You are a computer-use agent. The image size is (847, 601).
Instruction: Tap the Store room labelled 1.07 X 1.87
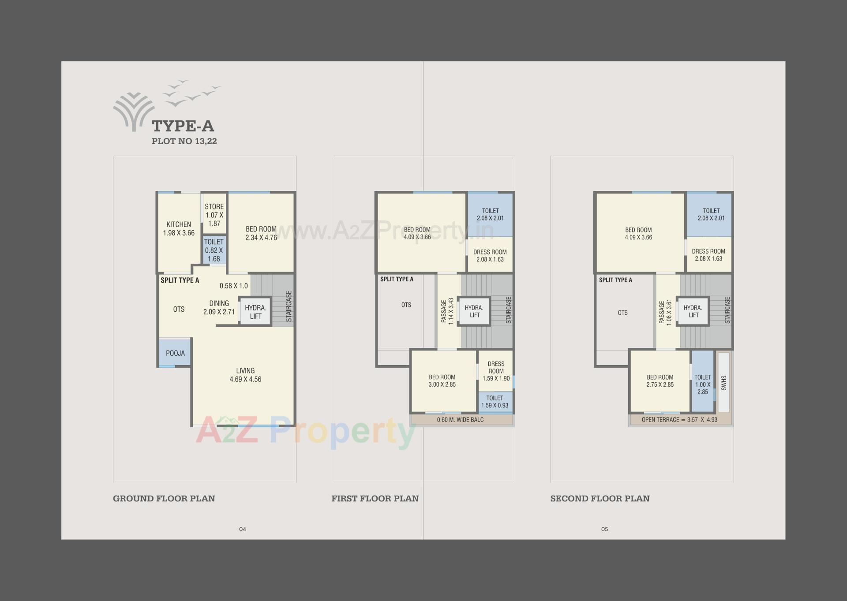pyautogui.click(x=214, y=215)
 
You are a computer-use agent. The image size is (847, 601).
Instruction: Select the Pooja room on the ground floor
pyautogui.click(x=175, y=353)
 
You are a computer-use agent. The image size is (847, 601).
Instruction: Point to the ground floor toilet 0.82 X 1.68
pyautogui.click(x=214, y=250)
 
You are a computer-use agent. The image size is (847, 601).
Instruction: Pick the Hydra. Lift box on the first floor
pyautogui.click(x=474, y=311)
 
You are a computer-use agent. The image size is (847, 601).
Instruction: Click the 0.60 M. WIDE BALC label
pyautogui.click(x=460, y=420)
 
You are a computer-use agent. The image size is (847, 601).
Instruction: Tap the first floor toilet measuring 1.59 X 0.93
pyautogui.click(x=495, y=402)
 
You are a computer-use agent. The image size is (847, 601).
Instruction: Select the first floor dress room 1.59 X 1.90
pyautogui.click(x=496, y=371)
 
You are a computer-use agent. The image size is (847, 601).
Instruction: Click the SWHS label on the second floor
pyautogui.click(x=723, y=383)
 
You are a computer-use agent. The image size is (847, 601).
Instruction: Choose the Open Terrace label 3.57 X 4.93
pyautogui.click(x=679, y=420)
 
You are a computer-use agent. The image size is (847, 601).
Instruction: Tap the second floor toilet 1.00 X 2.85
pyautogui.click(x=702, y=384)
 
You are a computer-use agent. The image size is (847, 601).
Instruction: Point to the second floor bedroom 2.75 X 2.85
pyautogui.click(x=660, y=381)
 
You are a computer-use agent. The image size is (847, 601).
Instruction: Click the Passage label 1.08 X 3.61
pyautogui.click(x=665, y=312)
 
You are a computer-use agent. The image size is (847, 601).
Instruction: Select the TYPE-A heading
pyautogui.click(x=183, y=126)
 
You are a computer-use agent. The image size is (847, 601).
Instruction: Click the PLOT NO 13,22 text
pyautogui.click(x=184, y=142)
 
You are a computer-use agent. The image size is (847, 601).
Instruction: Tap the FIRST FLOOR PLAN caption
pyautogui.click(x=375, y=499)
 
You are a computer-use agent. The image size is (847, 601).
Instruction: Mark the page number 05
pyautogui.click(x=604, y=529)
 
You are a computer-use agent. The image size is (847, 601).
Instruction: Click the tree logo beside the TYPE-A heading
pyautogui.click(x=134, y=112)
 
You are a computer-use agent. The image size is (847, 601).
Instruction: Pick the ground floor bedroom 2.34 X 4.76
pyautogui.click(x=261, y=233)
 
